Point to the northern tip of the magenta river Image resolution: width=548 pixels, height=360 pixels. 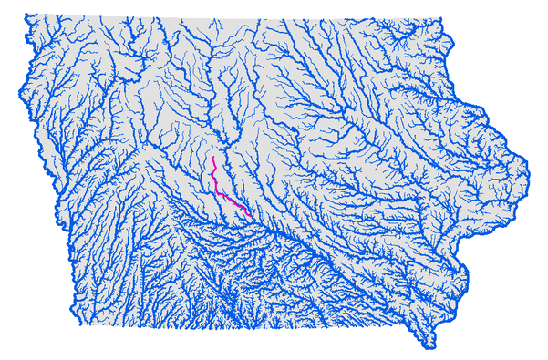tap(212, 158)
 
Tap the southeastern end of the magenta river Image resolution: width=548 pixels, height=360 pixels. tap(251, 215)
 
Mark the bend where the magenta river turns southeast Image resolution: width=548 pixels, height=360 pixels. tap(217, 189)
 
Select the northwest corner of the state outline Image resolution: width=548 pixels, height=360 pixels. tap(26, 15)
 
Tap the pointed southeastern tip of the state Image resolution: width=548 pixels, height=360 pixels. tap(428, 346)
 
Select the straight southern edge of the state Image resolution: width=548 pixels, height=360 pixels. tap(228, 326)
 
